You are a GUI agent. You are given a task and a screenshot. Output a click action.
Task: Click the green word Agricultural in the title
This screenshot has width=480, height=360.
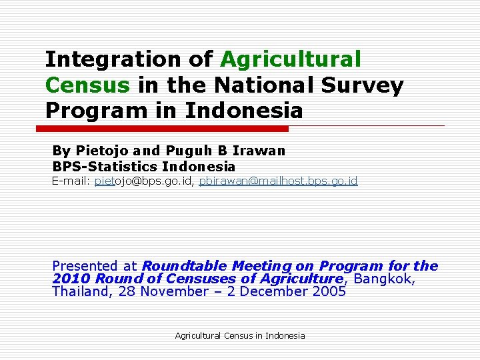pos(291,60)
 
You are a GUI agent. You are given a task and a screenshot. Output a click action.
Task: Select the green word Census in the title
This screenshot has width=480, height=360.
pos(87,85)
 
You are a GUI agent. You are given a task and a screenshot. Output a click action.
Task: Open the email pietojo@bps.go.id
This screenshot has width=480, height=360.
pos(144,181)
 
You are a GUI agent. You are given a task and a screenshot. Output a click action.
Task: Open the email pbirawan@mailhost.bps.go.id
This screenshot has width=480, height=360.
pos(278,181)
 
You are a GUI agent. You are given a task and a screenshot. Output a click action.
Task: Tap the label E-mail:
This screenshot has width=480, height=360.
pos(71,181)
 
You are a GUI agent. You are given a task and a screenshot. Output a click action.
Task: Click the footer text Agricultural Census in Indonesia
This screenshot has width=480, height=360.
pos(239,335)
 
